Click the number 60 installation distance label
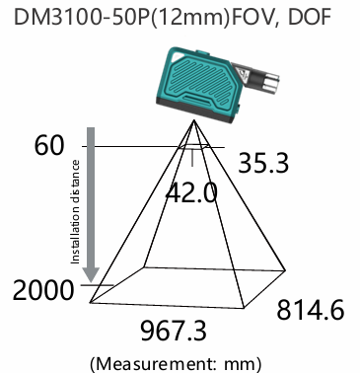pos(49,145)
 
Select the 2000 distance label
pos(42,290)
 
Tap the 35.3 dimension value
pos(263,163)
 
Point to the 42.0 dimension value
pos(191,192)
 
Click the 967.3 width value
pos(174,331)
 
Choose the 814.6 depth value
pos(311,310)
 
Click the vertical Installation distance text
pos(75,212)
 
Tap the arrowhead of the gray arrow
pos(91,275)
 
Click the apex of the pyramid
pos(194,120)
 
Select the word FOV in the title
pos(252,17)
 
